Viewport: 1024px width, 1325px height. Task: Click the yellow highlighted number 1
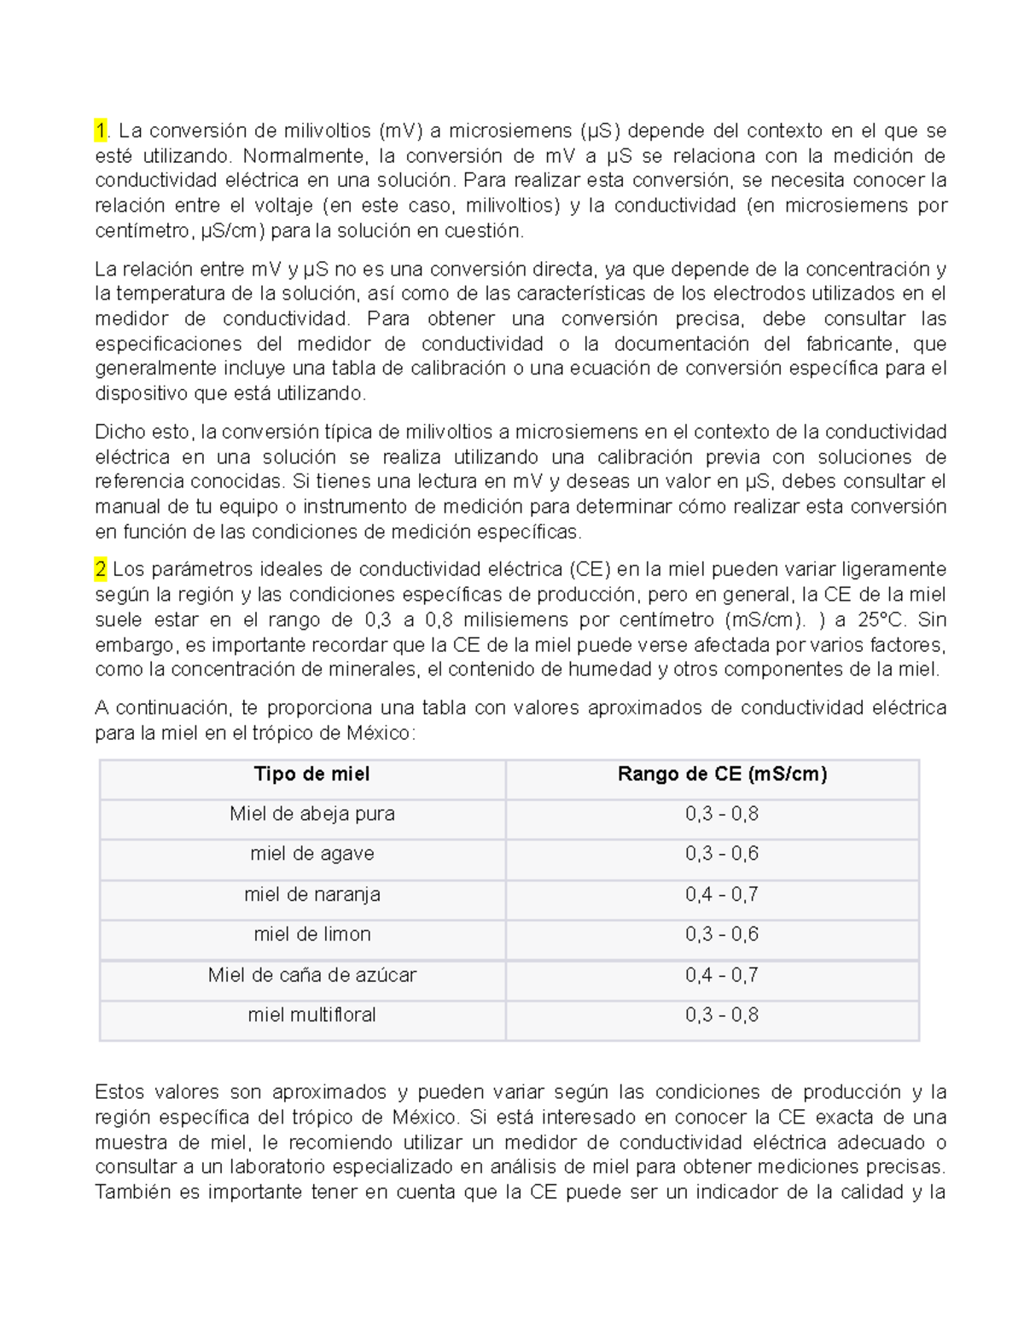pyautogui.click(x=102, y=131)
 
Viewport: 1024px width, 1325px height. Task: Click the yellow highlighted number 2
pyautogui.click(x=102, y=569)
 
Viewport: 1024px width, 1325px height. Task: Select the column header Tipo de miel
pyautogui.click(x=311, y=774)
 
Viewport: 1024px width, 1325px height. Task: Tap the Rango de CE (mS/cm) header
pyautogui.click(x=722, y=774)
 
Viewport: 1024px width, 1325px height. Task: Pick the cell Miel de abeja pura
pyautogui.click(x=311, y=814)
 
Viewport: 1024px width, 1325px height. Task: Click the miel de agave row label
pyautogui.click(x=311, y=854)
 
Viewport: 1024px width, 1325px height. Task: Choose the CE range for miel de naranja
pyautogui.click(x=722, y=894)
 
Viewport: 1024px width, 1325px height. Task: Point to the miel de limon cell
pyautogui.click(x=311, y=934)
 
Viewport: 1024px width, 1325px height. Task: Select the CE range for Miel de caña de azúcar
pyautogui.click(x=722, y=974)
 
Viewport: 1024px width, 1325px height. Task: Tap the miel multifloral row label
pyautogui.click(x=311, y=1014)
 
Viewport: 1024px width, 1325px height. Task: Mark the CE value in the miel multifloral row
pyautogui.click(x=722, y=1014)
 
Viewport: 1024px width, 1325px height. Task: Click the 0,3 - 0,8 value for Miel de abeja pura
pyautogui.click(x=722, y=814)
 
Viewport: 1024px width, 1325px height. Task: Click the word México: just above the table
pyautogui.click(x=381, y=733)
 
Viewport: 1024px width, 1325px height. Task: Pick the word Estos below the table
pyautogui.click(x=119, y=1092)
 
